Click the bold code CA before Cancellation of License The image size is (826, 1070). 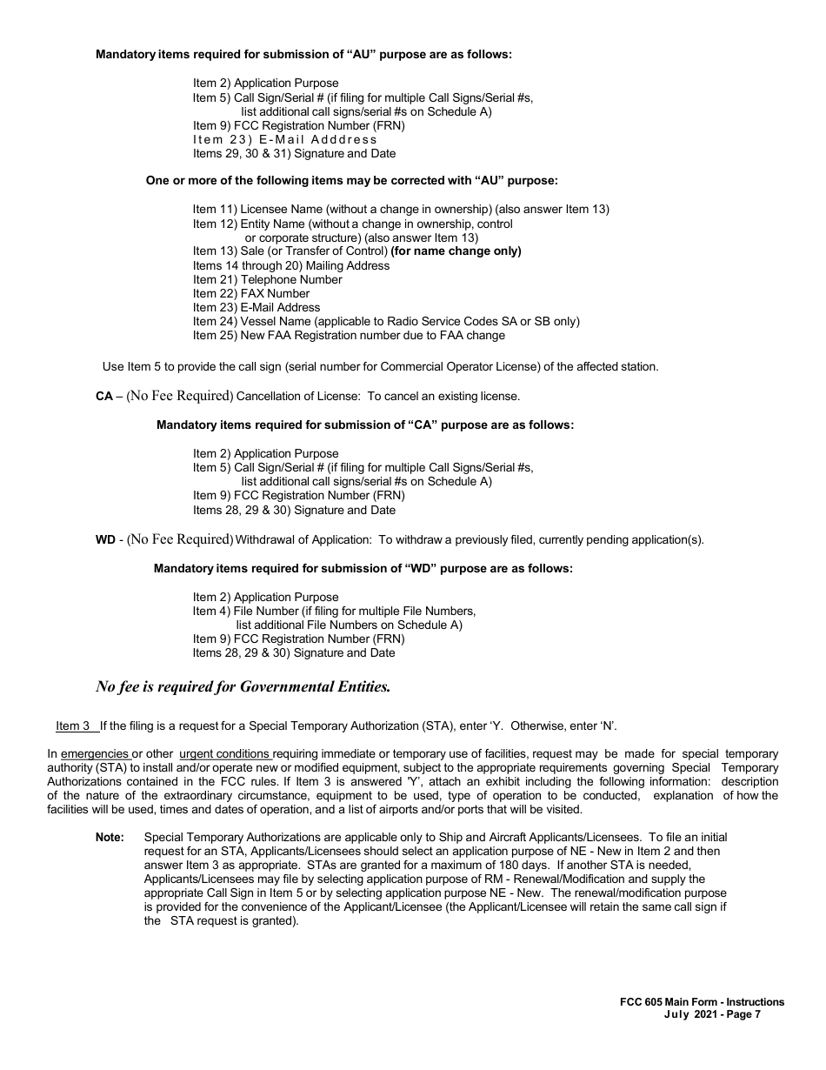pyautogui.click(x=104, y=397)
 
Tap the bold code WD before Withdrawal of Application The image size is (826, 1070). pyautogui.click(x=105, y=540)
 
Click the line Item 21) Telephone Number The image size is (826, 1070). pyautogui.click(x=268, y=280)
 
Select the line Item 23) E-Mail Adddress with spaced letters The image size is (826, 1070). pyautogui.click(x=285, y=139)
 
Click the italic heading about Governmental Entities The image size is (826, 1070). pyautogui.click(x=243, y=687)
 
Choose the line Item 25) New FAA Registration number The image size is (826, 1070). pyautogui.click(x=349, y=336)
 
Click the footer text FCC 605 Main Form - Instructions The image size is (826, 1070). pyautogui.click(x=696, y=1002)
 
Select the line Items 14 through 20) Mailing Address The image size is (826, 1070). pyautogui.click(x=291, y=266)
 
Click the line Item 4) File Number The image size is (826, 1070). pyautogui.click(x=335, y=612)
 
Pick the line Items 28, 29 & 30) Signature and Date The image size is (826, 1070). pyautogui.click(x=294, y=653)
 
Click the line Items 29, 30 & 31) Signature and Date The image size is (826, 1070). pyautogui.click(x=294, y=154)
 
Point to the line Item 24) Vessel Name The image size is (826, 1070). pyautogui.click(x=386, y=322)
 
